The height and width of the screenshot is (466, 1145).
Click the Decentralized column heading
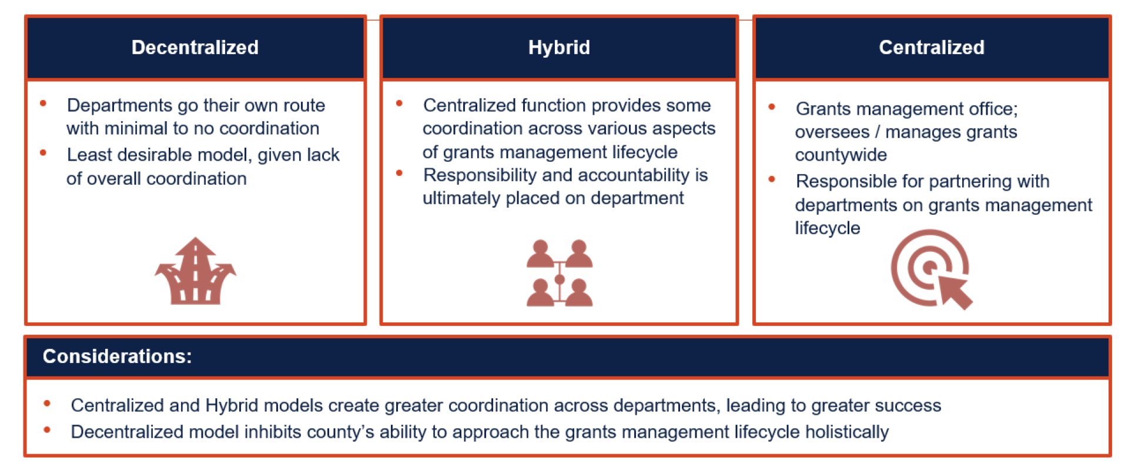click(x=195, y=48)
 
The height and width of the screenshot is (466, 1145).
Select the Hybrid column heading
click(x=559, y=48)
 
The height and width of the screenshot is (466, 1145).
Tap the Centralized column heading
click(x=932, y=48)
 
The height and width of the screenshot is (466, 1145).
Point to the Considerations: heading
click(x=118, y=357)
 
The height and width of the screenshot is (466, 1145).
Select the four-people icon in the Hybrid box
click(x=560, y=272)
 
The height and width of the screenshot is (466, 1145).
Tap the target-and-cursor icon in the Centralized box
click(x=932, y=269)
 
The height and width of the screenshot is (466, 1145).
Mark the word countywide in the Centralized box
click(x=841, y=155)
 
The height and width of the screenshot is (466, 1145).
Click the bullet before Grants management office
click(x=772, y=107)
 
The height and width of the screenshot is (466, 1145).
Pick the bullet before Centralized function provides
click(x=399, y=104)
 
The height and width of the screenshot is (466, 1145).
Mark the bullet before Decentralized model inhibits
click(x=47, y=430)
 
